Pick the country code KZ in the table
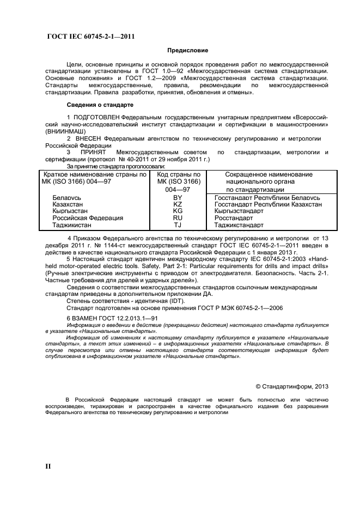[x=178, y=204]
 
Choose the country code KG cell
[x=178, y=211]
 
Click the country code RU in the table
[x=178, y=218]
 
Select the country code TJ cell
[x=178, y=225]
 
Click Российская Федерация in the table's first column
[x=88, y=218]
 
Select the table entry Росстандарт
[x=234, y=218]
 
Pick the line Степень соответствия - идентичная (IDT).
[x=126, y=300]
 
